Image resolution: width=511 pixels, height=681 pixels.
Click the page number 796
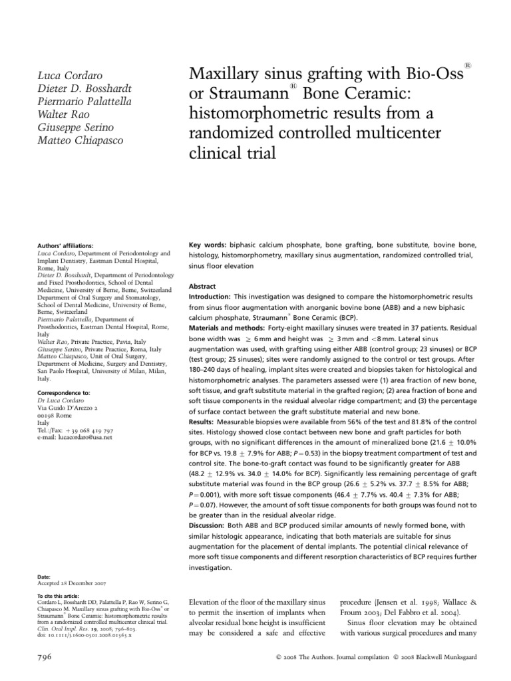pyautogui.click(x=43, y=656)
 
